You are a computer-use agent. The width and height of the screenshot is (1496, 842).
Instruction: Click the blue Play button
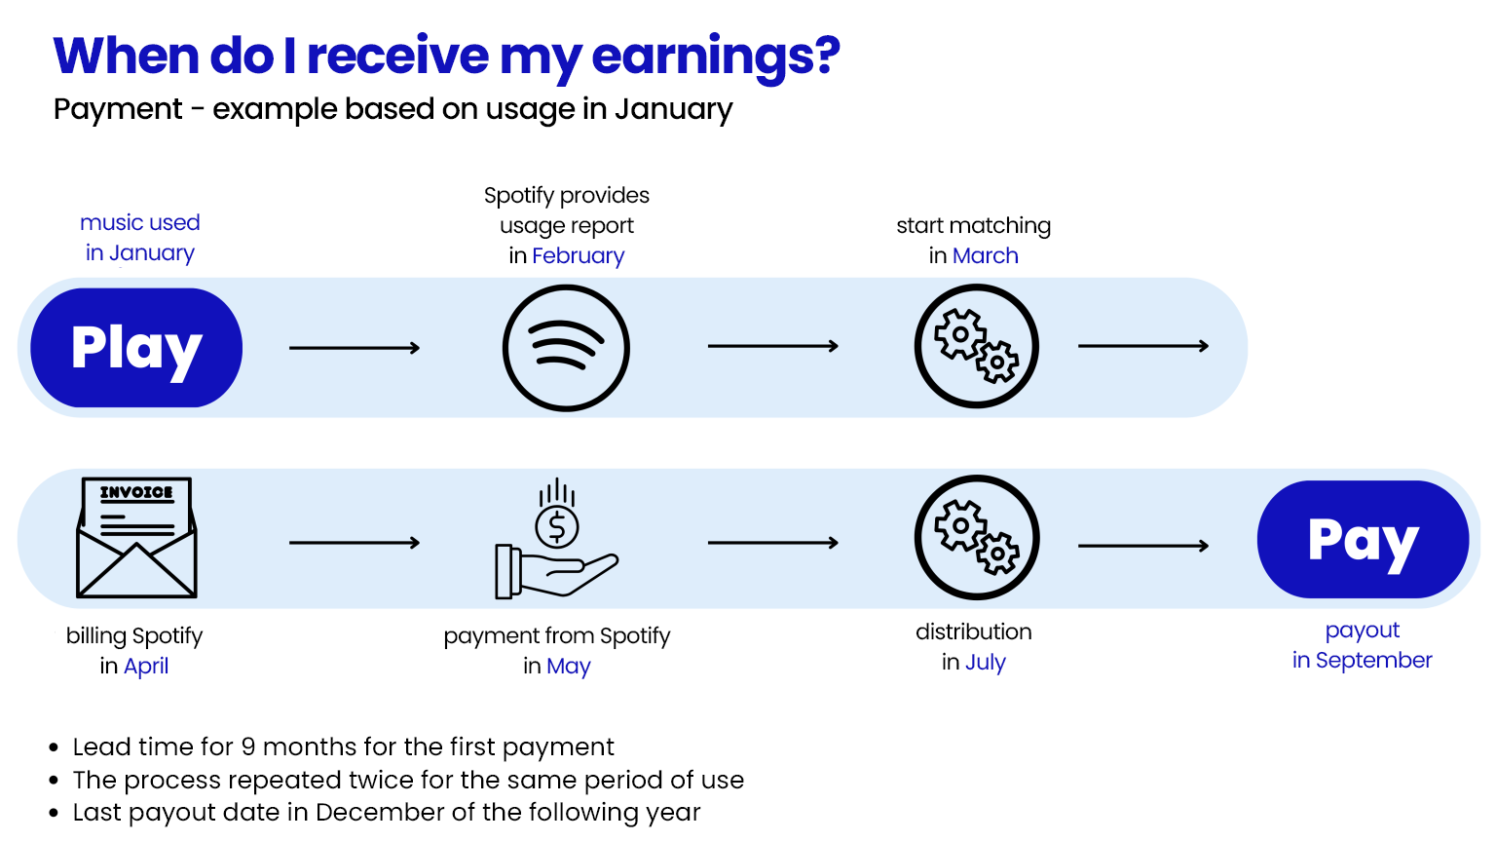(136, 348)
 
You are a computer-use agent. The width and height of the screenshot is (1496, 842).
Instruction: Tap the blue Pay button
(1363, 539)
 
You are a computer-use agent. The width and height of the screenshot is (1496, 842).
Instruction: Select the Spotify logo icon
(566, 348)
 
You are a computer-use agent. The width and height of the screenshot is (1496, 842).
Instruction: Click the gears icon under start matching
(976, 346)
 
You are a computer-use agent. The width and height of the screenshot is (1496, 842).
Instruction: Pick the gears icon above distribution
(976, 537)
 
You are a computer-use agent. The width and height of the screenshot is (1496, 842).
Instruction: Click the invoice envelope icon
(136, 537)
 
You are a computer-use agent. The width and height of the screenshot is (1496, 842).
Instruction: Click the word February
(578, 256)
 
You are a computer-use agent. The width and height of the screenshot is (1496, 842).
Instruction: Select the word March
(985, 256)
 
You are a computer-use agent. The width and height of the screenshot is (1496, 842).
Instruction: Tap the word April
(146, 667)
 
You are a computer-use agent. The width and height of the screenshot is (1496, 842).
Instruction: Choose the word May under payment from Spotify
(568, 667)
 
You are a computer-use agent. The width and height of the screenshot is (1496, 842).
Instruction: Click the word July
(985, 663)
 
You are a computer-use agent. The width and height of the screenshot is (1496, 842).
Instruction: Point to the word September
(1373, 661)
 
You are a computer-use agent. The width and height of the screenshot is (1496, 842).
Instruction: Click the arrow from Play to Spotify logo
(355, 348)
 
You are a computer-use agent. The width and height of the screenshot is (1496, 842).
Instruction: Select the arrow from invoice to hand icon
(355, 543)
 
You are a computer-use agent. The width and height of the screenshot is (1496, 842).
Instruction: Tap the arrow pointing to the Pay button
(1143, 546)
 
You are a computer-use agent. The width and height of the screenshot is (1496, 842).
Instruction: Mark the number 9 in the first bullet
(248, 747)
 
